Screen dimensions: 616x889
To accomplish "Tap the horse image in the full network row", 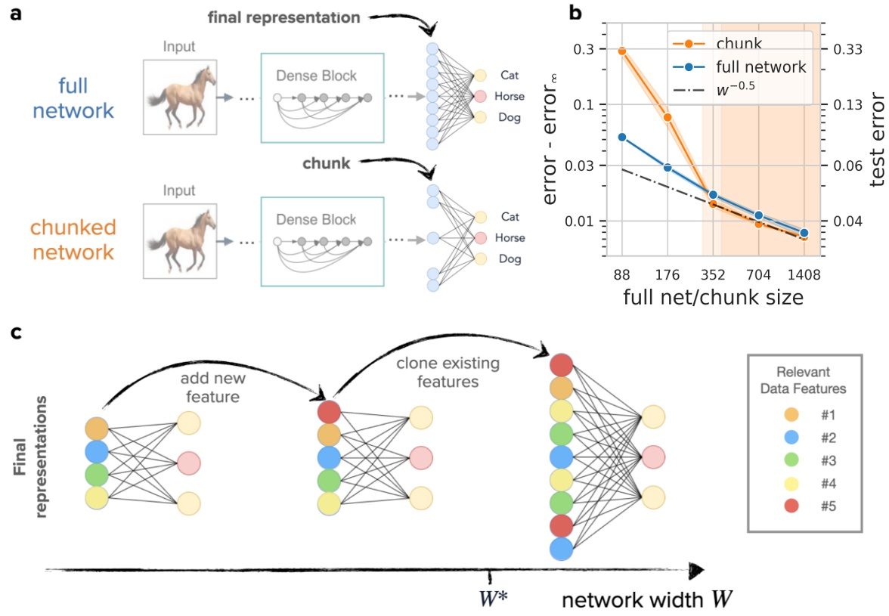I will coord(182,96).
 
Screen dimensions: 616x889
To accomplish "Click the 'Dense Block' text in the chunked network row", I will coord(316,219).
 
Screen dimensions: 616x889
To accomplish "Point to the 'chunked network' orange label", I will coord(73,240).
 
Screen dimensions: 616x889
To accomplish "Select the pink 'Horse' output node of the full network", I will coord(481,96).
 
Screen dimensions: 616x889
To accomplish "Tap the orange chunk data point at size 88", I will coord(622,51).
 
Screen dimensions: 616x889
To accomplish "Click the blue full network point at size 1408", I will coord(804,233).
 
